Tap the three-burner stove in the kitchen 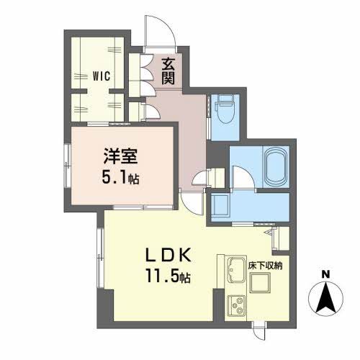tap(236, 306)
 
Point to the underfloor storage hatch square tap(260, 283)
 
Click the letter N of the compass tap(325, 274)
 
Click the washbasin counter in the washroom tap(220, 203)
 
